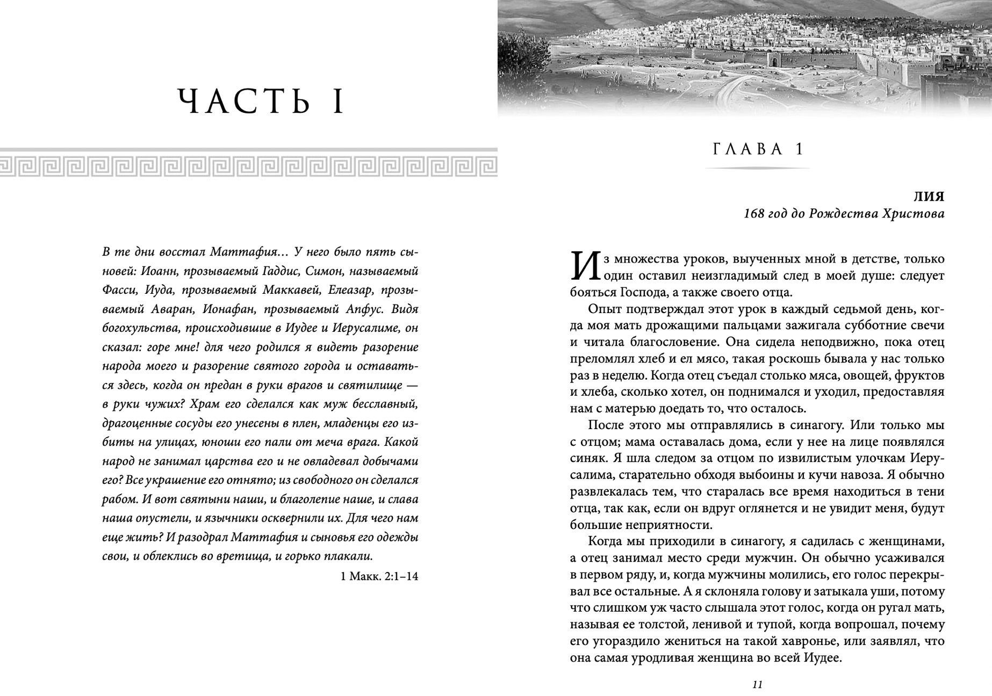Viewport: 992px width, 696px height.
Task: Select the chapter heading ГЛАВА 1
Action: (758, 149)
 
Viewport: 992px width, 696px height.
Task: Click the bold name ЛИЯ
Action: (931, 197)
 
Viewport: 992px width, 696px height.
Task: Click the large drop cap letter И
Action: (584, 266)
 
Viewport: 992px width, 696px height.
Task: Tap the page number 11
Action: (757, 684)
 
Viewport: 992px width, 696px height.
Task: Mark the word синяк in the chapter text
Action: (583, 458)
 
